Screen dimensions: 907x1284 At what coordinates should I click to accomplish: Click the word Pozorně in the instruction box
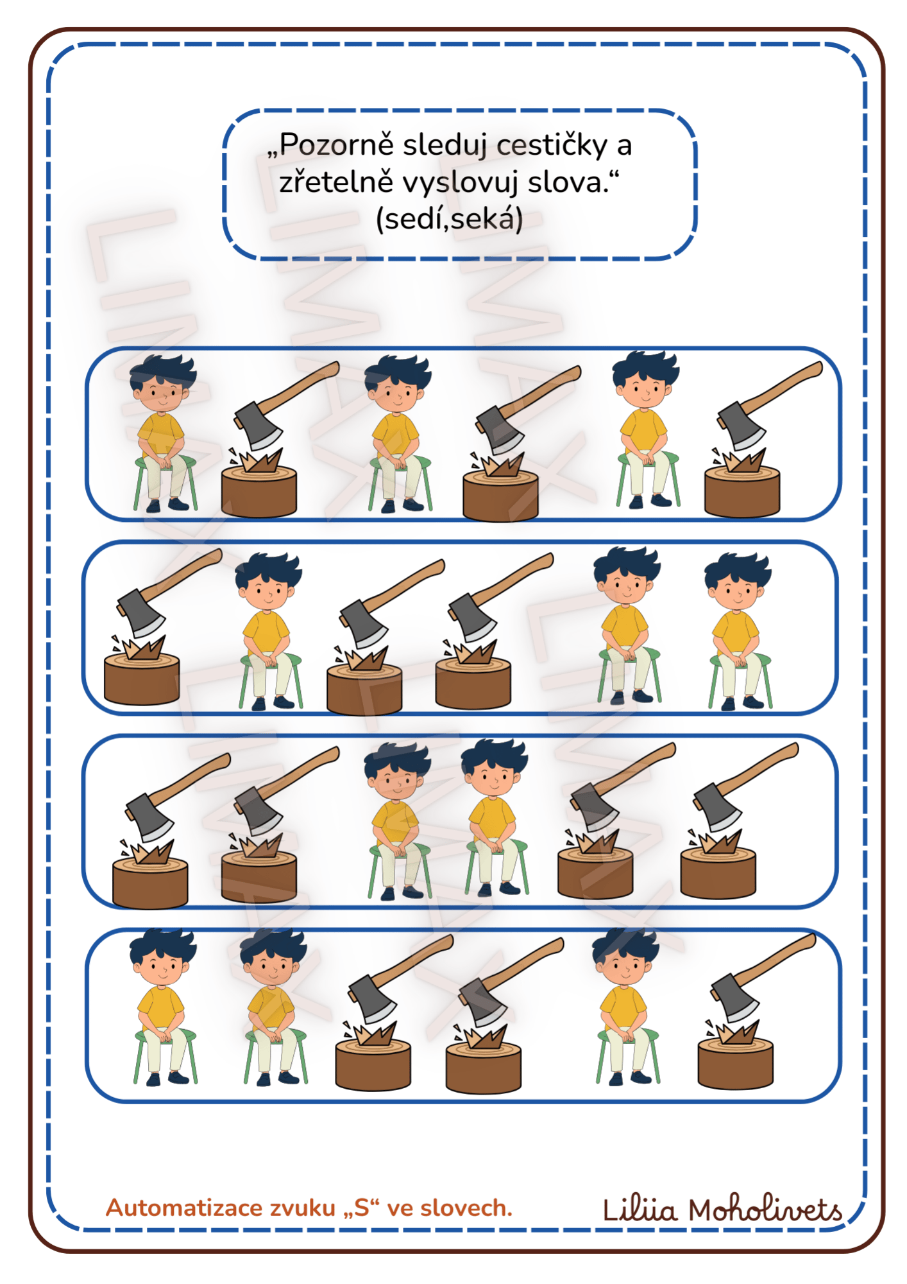336,145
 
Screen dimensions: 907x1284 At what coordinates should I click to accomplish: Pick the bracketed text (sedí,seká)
450,220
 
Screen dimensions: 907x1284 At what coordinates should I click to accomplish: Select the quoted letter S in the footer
362,1208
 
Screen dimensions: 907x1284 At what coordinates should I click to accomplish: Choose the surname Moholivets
766,1210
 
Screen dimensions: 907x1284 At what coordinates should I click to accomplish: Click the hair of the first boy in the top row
164,370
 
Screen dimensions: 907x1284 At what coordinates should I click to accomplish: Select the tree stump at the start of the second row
142,679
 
